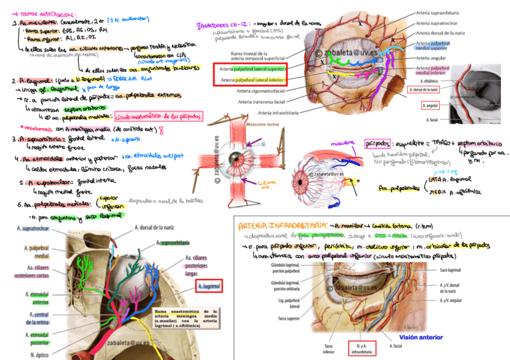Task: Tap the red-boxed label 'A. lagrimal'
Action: pos(209,287)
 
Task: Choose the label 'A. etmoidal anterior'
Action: pos(37,298)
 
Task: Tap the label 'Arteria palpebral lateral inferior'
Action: pos(253,79)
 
